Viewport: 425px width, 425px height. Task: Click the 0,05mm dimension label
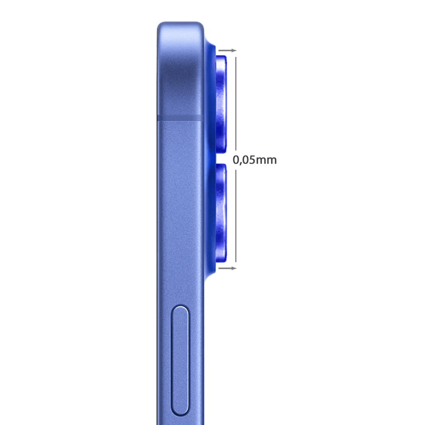click(x=255, y=160)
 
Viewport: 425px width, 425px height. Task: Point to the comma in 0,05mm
click(x=240, y=163)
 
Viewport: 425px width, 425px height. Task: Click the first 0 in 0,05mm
click(x=236, y=160)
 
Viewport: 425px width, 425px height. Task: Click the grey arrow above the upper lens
click(x=228, y=51)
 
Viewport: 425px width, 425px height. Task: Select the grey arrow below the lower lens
click(x=228, y=268)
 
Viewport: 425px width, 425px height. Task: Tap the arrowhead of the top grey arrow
click(x=234, y=51)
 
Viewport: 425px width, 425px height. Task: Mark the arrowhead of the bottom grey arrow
click(x=234, y=268)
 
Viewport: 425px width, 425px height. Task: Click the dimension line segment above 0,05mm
click(x=235, y=102)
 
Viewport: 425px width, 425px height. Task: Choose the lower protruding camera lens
click(x=221, y=212)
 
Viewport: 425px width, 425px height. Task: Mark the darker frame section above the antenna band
click(x=181, y=72)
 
